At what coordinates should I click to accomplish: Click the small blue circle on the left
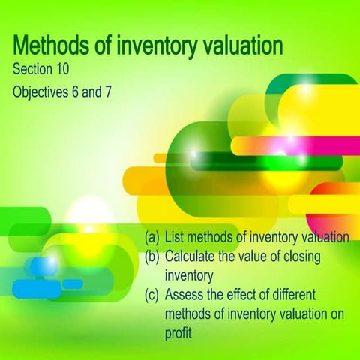pos(43,266)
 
